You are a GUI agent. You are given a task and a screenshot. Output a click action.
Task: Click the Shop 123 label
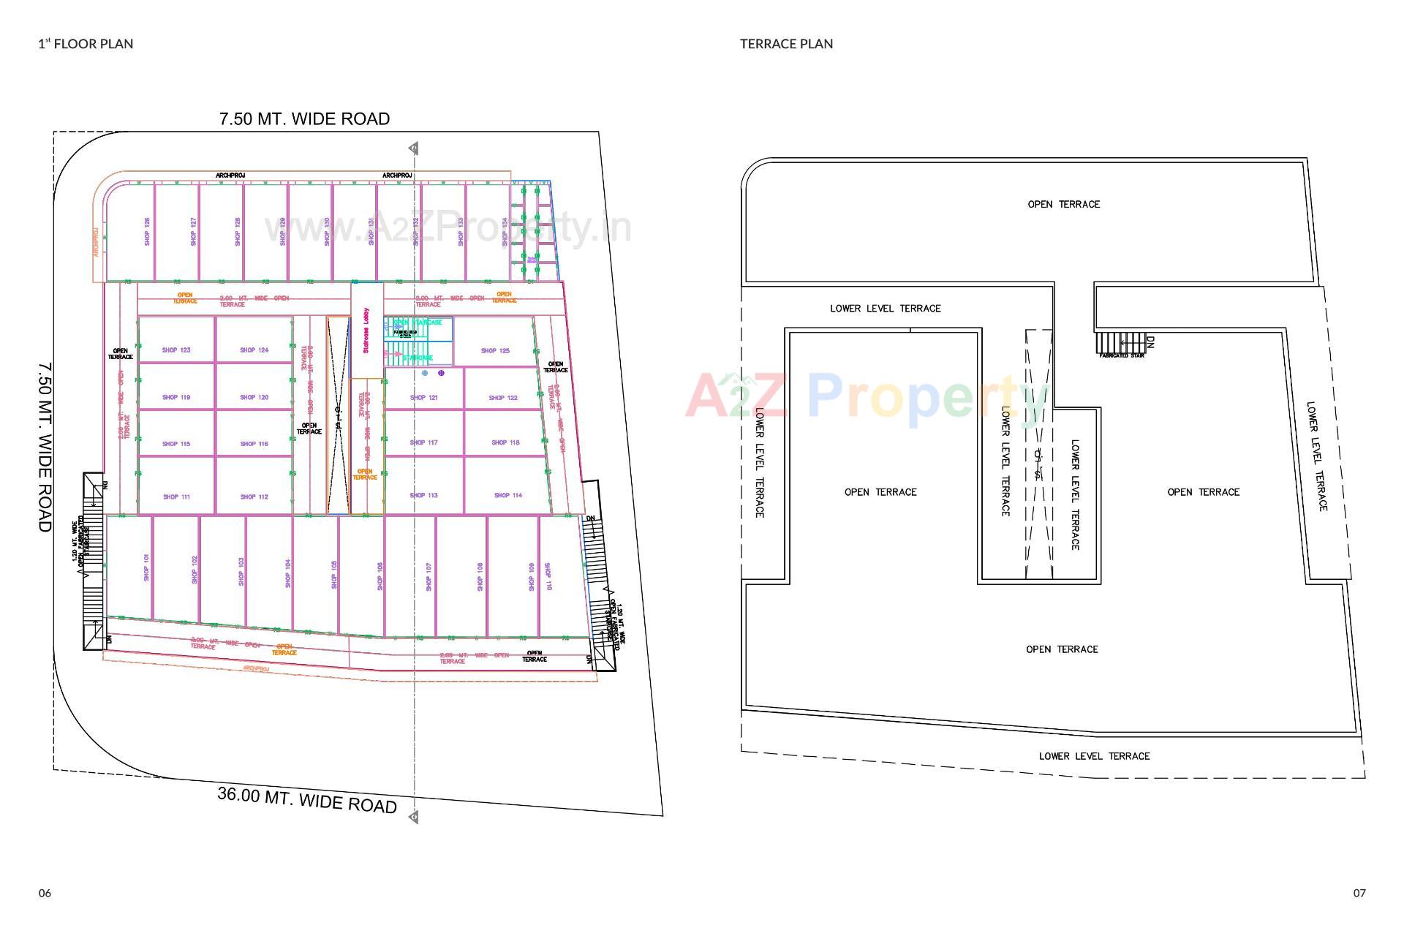(x=176, y=350)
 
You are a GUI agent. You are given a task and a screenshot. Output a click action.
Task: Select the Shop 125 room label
(x=495, y=351)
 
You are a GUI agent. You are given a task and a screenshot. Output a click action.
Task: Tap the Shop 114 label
(x=507, y=496)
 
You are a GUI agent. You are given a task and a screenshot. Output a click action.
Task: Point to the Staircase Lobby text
(x=366, y=331)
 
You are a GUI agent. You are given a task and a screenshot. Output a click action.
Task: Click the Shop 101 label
(x=147, y=568)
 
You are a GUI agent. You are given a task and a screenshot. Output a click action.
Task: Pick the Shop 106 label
(x=380, y=576)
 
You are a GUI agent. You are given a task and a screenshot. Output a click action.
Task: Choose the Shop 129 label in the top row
(x=283, y=231)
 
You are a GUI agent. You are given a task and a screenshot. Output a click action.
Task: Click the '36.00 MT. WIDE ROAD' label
(x=307, y=800)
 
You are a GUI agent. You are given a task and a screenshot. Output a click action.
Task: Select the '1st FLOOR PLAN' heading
(x=86, y=44)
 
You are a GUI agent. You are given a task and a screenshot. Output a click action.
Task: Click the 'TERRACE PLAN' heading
(x=786, y=44)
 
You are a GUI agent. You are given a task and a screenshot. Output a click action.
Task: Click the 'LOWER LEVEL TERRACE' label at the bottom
(x=1094, y=756)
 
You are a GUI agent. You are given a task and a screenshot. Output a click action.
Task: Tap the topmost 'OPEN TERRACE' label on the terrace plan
(x=1063, y=205)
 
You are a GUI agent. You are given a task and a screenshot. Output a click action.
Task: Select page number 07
(x=1359, y=893)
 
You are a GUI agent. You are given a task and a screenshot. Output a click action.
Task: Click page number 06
(x=45, y=893)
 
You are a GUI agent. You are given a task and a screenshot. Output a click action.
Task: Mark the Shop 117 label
(x=423, y=442)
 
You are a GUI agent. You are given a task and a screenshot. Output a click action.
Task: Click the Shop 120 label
(x=254, y=398)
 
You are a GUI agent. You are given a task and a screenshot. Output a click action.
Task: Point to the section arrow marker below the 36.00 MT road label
(x=414, y=817)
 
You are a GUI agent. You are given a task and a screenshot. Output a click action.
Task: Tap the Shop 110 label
(x=548, y=576)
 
